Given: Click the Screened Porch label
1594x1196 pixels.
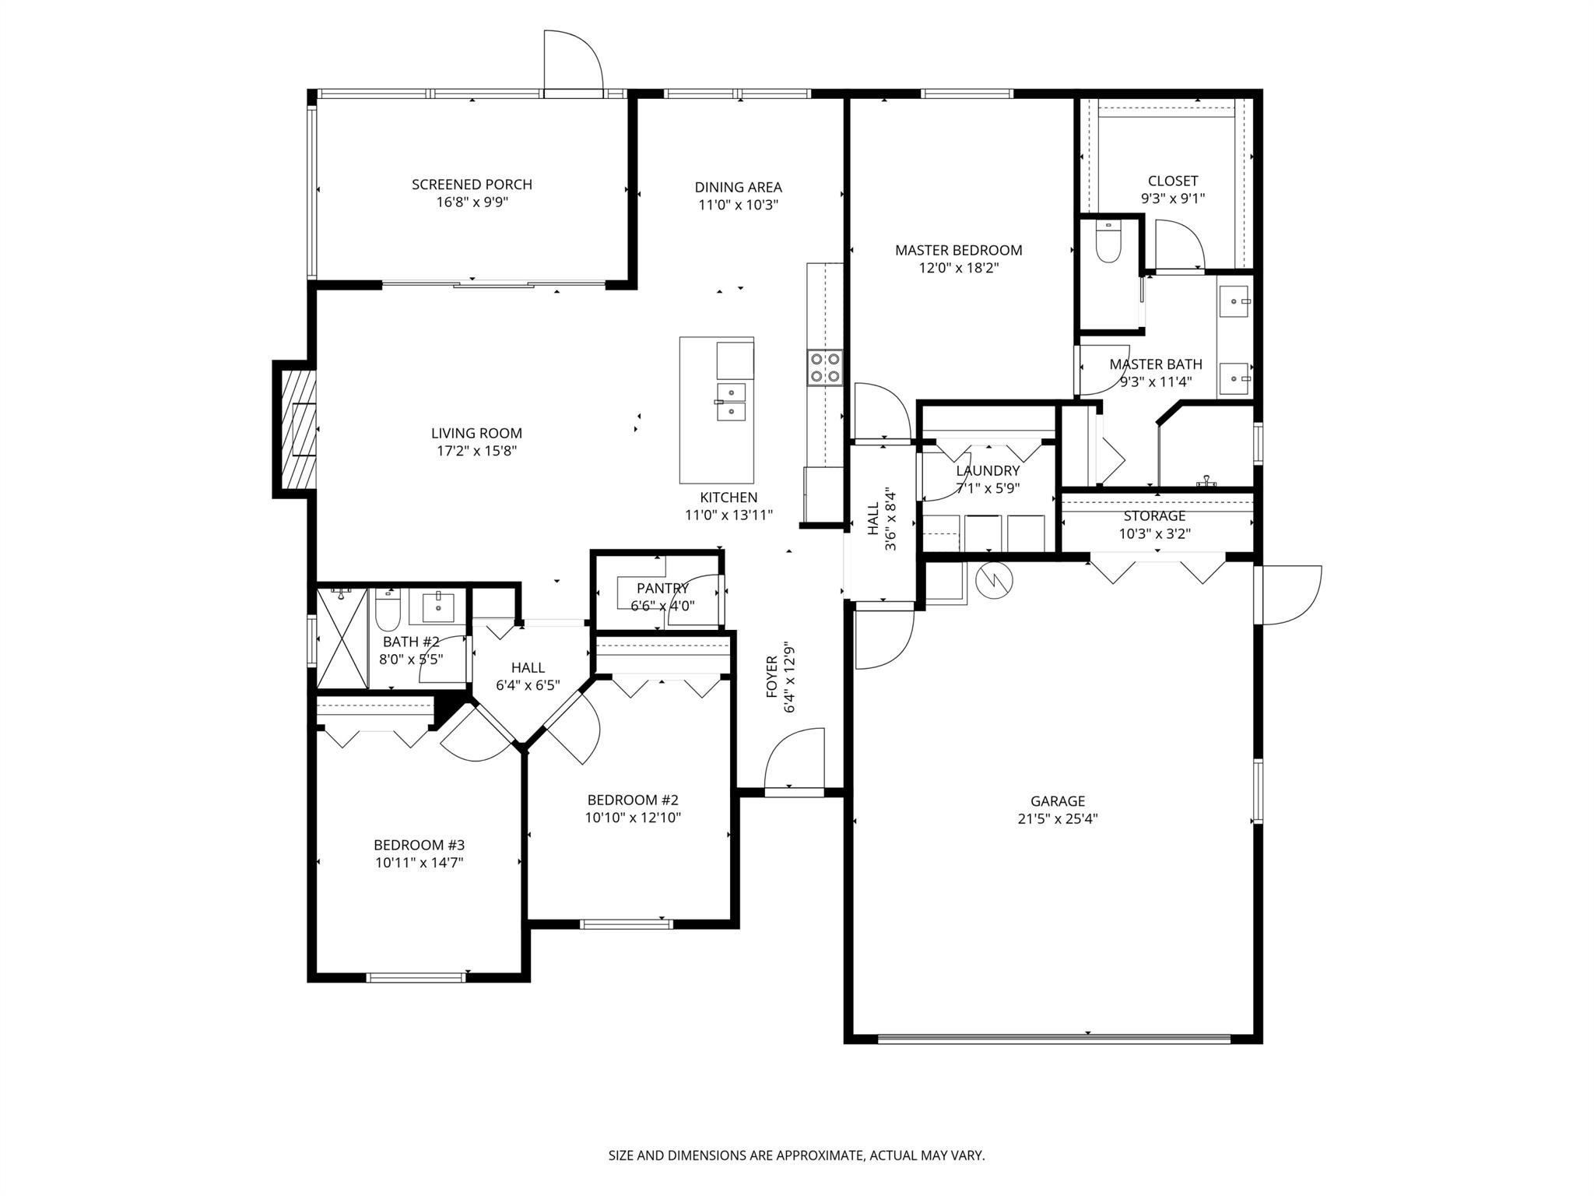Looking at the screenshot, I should point(472,185).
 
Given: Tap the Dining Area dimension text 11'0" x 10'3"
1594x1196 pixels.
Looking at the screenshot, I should point(738,205).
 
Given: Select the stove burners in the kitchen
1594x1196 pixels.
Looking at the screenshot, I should point(824,368).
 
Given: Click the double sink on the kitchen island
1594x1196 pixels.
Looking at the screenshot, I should point(731,402).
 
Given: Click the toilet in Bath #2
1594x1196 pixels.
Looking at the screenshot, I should point(387,611).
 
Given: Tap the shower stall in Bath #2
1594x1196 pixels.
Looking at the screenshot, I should point(342,638).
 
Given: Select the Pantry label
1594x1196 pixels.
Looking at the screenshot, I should point(662,588).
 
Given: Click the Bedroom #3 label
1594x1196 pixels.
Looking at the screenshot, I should point(419,845).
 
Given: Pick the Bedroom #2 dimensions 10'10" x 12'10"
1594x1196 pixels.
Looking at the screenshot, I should point(633,818).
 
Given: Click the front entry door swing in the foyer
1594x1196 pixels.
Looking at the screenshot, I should point(794,759).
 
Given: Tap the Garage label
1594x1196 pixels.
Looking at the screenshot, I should point(1057,800).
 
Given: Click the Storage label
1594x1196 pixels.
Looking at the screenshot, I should point(1154,516).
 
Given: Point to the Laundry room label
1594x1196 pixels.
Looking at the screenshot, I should point(988,470).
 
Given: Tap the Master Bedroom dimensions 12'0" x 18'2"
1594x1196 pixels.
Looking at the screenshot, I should point(958,268).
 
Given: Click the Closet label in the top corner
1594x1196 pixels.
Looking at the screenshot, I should point(1172,181).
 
